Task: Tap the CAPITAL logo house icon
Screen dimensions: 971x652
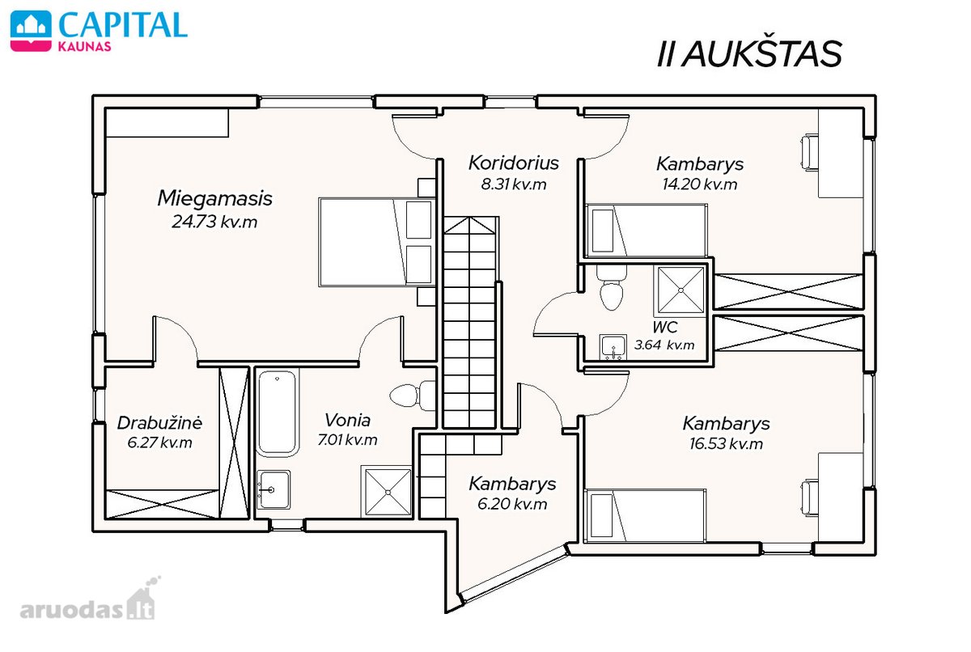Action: point(31,31)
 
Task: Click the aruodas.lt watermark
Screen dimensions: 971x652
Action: point(87,603)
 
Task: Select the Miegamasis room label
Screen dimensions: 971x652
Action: point(214,198)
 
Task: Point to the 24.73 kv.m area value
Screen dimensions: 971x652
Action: point(214,222)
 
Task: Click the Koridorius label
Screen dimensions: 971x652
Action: point(514,163)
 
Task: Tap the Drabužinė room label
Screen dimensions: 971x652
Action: point(159,422)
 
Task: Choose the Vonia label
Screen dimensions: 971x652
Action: point(348,420)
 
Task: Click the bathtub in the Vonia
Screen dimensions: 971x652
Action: point(277,413)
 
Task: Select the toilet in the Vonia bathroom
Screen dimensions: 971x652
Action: point(412,396)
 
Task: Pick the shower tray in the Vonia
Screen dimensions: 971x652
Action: point(387,492)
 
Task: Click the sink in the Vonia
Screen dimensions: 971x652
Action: point(273,489)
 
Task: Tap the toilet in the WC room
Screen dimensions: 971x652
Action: point(612,287)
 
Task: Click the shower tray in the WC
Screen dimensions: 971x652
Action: point(681,290)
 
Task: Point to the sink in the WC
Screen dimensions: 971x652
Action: point(613,347)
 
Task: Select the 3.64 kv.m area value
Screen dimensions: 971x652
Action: point(664,345)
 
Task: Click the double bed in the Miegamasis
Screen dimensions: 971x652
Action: point(377,242)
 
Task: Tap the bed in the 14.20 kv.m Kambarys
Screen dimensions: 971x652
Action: point(646,231)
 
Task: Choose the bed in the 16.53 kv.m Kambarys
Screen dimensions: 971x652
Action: point(645,515)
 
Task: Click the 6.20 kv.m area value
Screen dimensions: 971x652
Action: point(512,504)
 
